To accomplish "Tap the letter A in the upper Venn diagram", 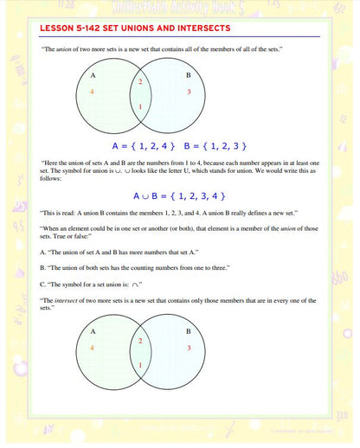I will [x=93, y=75].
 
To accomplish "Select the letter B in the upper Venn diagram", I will [x=188, y=75].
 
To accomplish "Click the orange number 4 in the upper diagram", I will [x=92, y=90].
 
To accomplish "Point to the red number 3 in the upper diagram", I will [x=188, y=90].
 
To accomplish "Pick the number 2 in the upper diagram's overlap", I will [x=140, y=81].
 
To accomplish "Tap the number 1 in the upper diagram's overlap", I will [x=141, y=106].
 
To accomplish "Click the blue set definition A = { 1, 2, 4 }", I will [x=144, y=145].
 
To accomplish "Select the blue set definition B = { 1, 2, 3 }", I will [x=216, y=145].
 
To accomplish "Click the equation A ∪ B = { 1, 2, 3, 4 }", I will [x=180, y=195].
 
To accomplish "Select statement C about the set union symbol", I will [x=92, y=284].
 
